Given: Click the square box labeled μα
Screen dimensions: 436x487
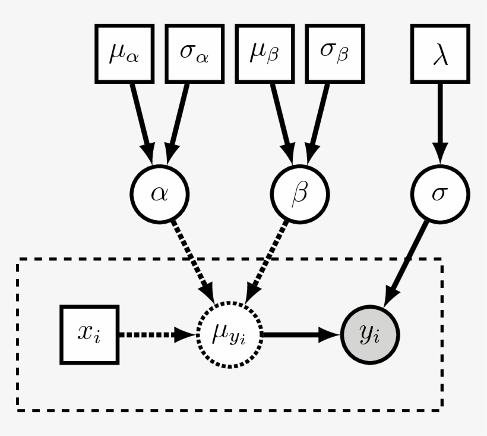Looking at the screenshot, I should point(125,53).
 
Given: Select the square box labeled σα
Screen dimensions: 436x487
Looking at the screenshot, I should point(194,53).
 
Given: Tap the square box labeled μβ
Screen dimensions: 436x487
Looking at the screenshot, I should point(265,53).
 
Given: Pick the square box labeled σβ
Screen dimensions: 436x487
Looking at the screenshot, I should point(334,53).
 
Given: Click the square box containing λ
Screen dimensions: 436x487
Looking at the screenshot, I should point(439,53).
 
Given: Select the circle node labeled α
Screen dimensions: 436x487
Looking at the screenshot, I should point(159,194).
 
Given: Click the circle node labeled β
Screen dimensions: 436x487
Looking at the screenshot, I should point(300,194).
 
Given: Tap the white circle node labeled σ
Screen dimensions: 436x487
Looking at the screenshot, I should point(439,194).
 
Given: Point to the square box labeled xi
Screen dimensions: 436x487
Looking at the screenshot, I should point(90,334).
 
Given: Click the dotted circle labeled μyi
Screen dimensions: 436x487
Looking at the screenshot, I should point(229,334).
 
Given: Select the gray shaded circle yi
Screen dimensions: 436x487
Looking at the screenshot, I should point(370,334).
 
